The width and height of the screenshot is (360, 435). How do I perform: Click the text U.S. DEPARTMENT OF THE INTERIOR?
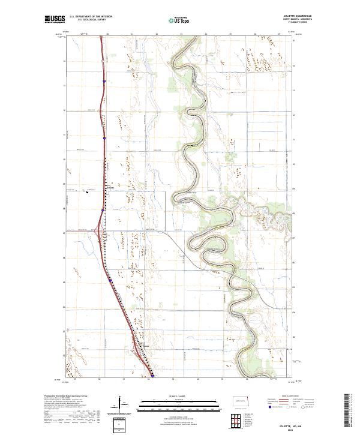coord(91,17)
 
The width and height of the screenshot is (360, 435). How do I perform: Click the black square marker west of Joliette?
coord(88,193)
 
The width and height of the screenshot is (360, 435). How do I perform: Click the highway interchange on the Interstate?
coord(98,229)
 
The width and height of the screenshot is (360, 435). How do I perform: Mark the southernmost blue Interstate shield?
coord(152,376)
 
